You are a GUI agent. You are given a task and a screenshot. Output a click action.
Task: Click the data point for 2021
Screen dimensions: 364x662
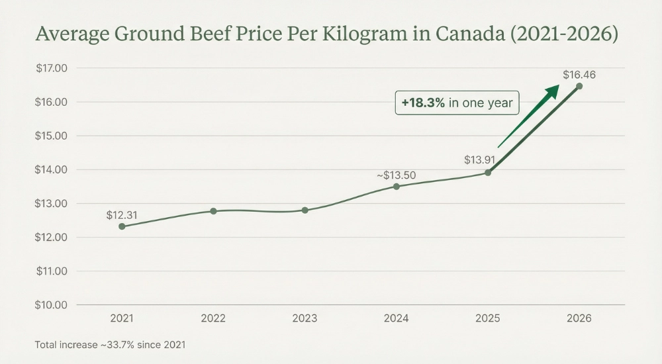(122, 226)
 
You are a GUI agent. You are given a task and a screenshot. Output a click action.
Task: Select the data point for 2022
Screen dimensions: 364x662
(213, 211)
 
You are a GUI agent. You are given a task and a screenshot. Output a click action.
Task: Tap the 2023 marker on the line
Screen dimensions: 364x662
(305, 210)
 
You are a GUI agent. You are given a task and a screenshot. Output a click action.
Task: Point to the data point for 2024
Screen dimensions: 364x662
(397, 187)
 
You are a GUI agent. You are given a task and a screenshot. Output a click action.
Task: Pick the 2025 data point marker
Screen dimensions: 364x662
(488, 173)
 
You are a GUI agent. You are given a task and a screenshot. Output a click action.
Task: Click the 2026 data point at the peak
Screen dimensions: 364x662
(579, 86)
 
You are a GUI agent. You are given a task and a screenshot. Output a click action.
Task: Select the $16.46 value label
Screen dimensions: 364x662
(579, 75)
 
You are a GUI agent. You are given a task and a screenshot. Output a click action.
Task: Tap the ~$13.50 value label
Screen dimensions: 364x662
(397, 175)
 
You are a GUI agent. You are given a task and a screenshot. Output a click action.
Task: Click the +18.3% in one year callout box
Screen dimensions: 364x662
(457, 103)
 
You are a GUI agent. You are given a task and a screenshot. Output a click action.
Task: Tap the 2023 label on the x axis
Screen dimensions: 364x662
(305, 318)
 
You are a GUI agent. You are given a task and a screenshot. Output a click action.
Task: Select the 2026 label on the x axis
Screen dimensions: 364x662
(579, 318)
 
